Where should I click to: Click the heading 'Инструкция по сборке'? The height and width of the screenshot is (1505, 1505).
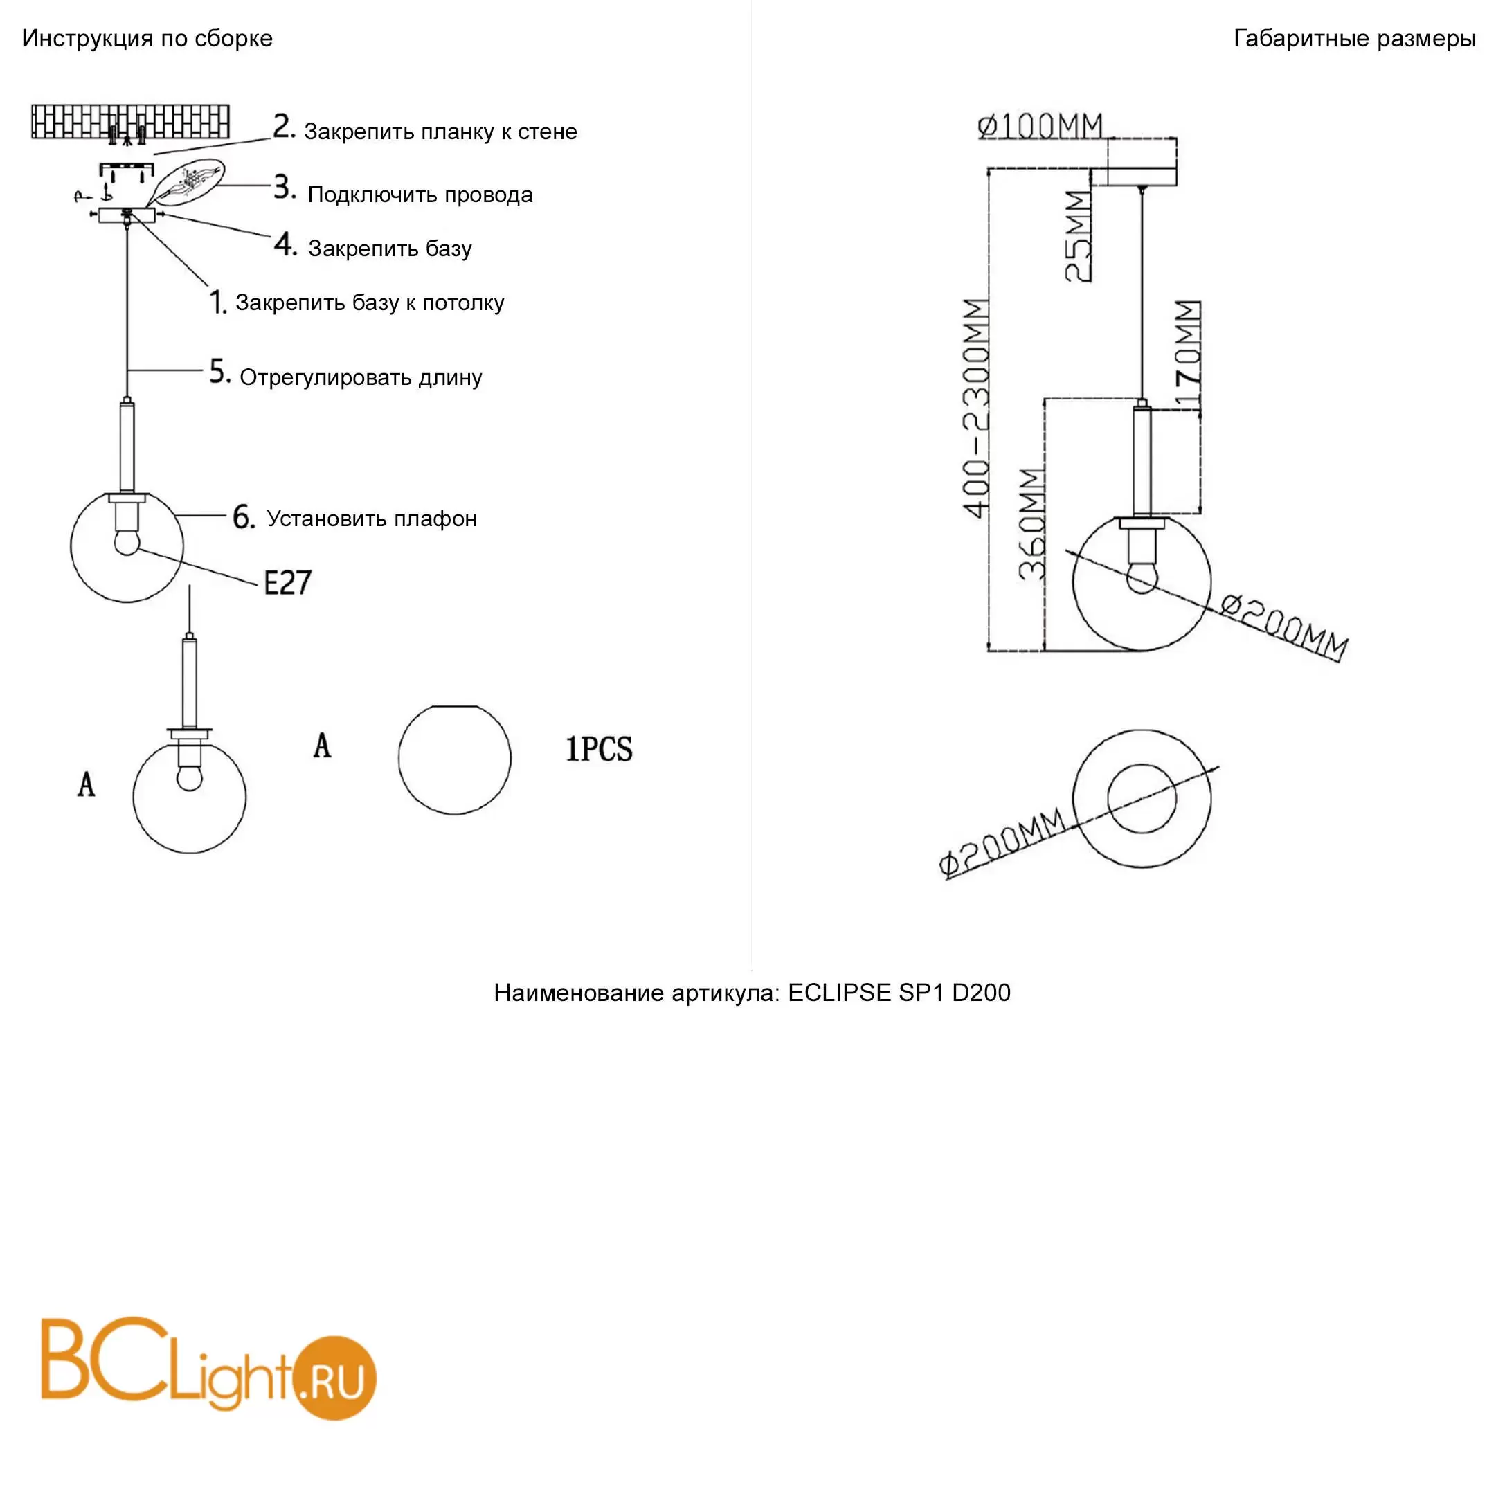point(147,39)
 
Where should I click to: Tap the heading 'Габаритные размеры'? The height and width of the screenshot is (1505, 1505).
point(1355,38)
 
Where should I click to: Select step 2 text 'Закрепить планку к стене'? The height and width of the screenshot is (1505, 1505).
point(441,132)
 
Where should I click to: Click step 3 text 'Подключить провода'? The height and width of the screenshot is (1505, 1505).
point(421,195)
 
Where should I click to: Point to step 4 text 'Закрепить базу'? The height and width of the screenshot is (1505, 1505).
point(390,249)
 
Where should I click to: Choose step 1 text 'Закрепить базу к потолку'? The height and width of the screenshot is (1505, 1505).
point(370,303)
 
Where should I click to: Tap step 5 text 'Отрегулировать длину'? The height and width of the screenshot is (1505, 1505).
point(361,378)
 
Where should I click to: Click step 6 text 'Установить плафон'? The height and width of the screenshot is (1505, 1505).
point(372,519)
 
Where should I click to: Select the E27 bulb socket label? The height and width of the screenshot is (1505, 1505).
point(287,584)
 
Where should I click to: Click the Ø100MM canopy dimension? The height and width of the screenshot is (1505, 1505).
point(1040,126)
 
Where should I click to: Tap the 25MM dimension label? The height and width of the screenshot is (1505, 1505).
point(1078,237)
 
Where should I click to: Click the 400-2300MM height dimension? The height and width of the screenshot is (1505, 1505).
point(976,408)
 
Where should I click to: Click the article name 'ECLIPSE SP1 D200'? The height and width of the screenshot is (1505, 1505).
point(900,993)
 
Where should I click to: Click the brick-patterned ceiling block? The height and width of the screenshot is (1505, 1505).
point(131,122)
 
